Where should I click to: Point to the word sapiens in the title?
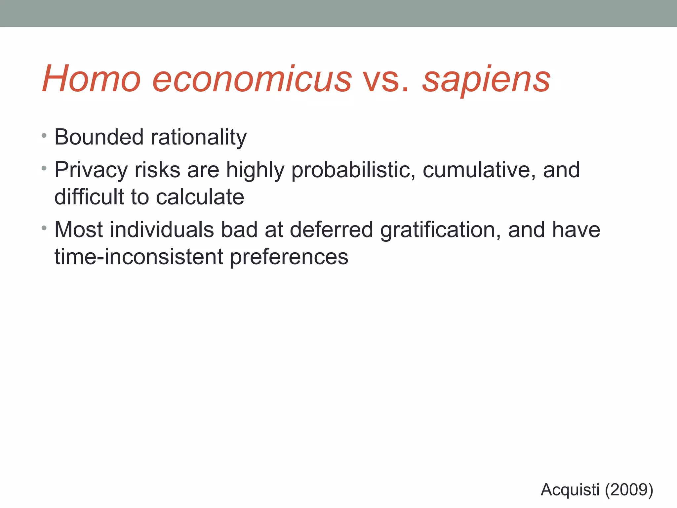[486, 79]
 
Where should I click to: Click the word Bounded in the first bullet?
[99, 137]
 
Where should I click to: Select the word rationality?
[199, 137]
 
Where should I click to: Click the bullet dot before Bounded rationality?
[44, 136]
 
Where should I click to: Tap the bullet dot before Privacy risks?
[44, 168]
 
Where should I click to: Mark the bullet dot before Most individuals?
[44, 228]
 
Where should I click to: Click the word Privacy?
[91, 170]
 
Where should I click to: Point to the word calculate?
[200, 197]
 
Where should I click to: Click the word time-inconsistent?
[139, 257]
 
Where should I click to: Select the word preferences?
[289, 257]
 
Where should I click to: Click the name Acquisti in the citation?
[570, 489]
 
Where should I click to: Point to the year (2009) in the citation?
[629, 489]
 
